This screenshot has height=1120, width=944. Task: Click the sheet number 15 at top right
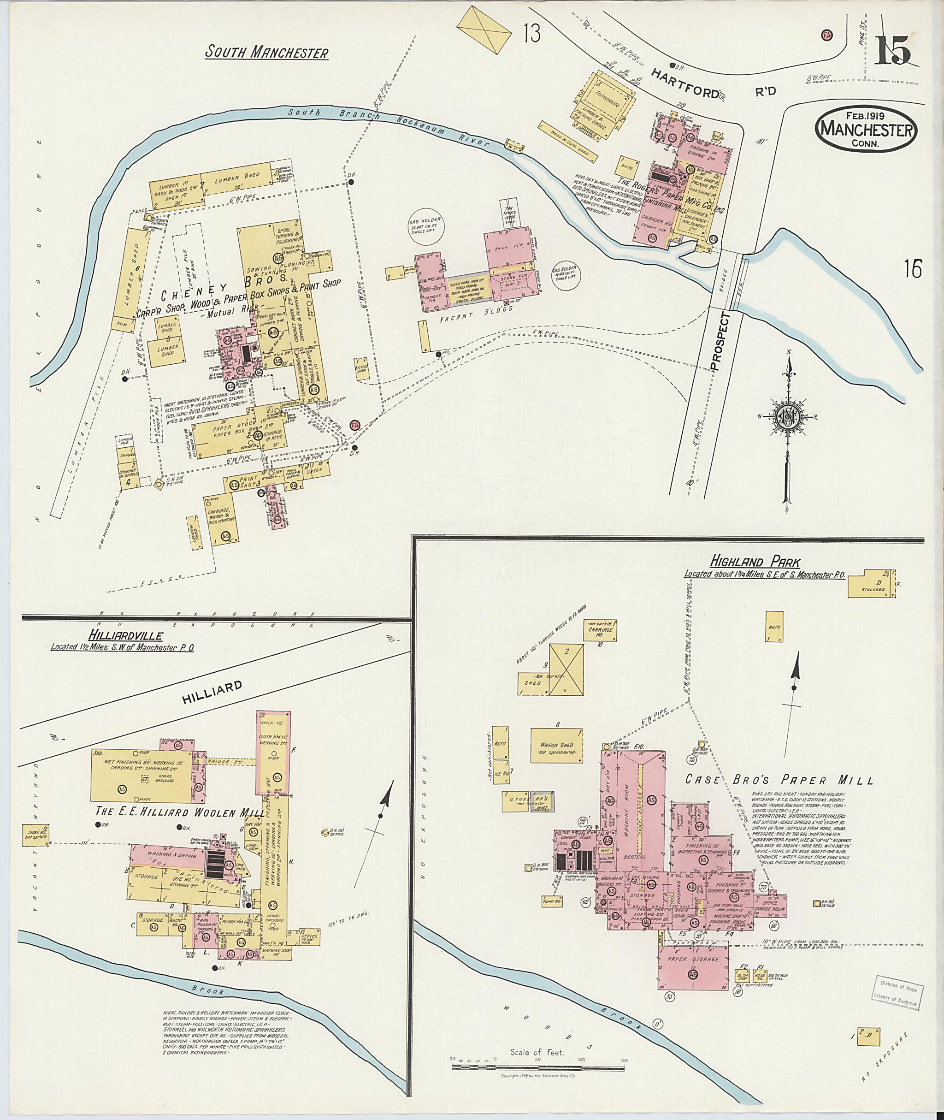(x=893, y=52)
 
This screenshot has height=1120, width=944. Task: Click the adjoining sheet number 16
(x=914, y=269)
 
